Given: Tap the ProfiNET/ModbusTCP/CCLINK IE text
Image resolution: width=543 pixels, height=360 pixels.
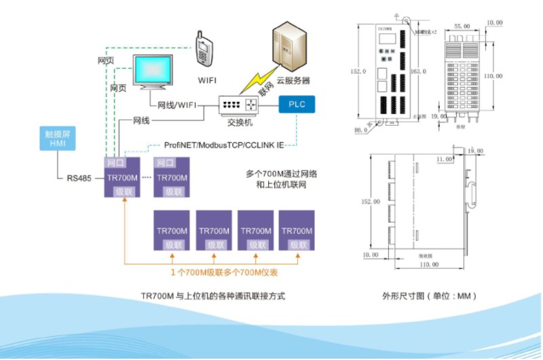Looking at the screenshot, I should [x=224, y=145].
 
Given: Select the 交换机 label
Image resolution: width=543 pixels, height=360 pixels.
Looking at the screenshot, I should [x=237, y=124].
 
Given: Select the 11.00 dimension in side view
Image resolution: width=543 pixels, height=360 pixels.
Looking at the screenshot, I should [x=445, y=159].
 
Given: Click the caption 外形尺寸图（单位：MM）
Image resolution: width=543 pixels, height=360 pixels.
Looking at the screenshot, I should [x=430, y=296].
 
